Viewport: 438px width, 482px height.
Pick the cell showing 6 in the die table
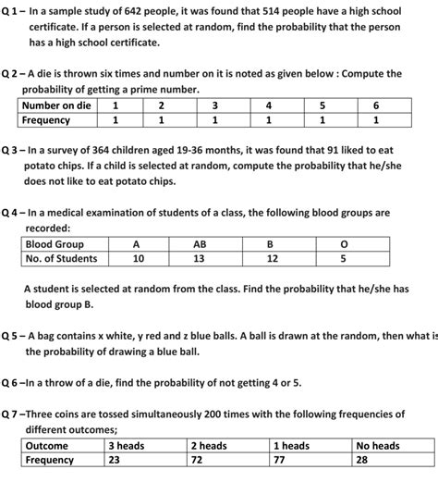point(375,105)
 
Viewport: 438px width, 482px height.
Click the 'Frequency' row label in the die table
point(47,120)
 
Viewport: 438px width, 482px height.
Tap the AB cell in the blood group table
point(200,243)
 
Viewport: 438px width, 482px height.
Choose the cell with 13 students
point(200,259)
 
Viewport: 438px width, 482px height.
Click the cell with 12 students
point(272,259)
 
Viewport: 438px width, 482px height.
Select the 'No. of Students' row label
point(61,259)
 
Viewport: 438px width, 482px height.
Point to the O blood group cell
point(344,243)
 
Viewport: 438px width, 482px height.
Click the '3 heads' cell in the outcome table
point(127,445)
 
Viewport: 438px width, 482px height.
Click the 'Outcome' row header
point(46,445)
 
